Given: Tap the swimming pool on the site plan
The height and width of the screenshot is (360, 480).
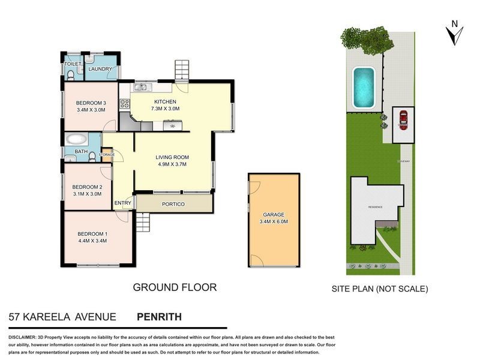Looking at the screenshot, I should point(364,87).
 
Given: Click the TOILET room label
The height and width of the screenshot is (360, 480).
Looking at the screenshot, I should point(73,64).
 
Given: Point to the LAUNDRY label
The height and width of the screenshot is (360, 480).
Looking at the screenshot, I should point(100,69).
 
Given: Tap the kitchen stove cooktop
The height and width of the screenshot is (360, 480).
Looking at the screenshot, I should point(125,103).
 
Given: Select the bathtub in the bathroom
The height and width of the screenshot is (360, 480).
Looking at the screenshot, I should point(76,140).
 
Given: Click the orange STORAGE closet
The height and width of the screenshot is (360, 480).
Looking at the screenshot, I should point(107,155).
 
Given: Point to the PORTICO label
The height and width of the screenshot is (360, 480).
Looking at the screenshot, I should point(173,205).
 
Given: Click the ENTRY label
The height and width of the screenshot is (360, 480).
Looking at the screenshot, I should point(123,203).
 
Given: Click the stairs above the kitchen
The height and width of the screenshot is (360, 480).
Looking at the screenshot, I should point(182,70).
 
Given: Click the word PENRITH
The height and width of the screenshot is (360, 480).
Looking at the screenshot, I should point(159,316).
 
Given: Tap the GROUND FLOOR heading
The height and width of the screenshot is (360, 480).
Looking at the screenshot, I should point(174,287).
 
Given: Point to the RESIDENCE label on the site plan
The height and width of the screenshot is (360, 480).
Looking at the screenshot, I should point(376,207).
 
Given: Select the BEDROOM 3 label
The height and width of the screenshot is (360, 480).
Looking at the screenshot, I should point(91,102).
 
